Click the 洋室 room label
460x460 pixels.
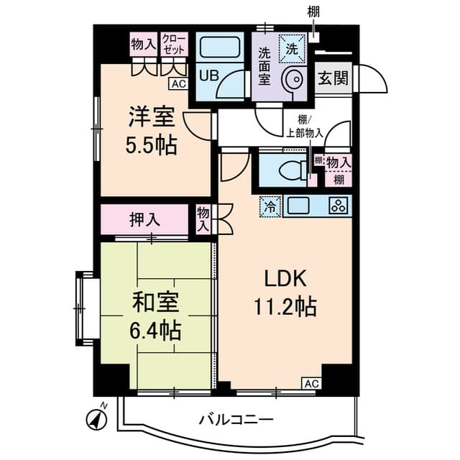152,116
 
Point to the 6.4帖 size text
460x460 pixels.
155,331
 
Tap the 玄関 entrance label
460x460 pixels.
333,78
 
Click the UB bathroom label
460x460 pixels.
208,75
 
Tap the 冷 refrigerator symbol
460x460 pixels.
271,206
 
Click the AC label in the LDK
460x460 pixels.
311,383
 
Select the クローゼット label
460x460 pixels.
173,42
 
